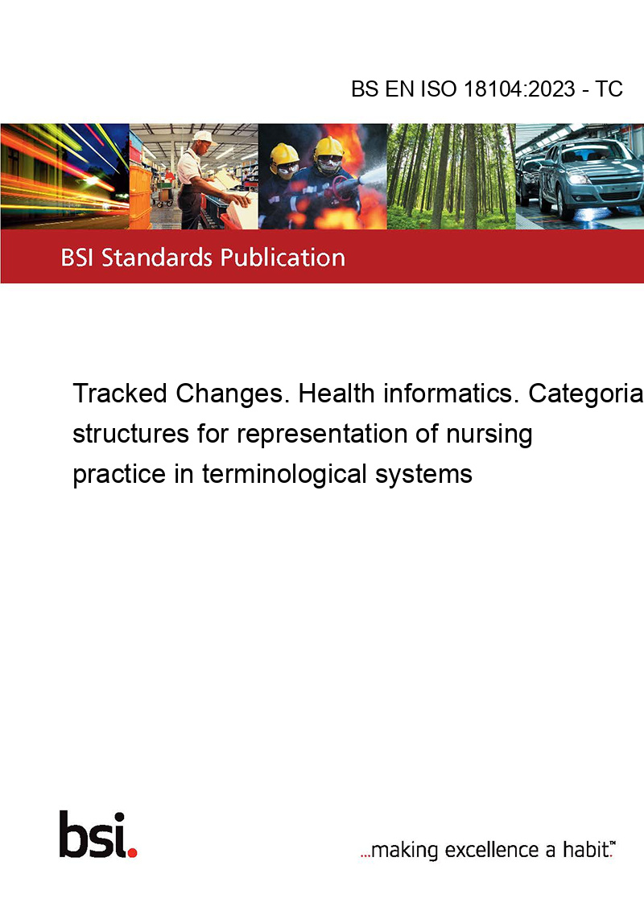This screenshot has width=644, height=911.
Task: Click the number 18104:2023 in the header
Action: (519, 89)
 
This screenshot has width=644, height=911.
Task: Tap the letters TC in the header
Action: (609, 89)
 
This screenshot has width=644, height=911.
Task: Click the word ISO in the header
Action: (438, 89)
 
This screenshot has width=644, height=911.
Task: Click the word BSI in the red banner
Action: (78, 258)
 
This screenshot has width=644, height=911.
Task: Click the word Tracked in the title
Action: (120, 394)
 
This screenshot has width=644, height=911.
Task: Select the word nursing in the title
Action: (489, 435)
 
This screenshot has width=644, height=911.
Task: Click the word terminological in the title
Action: (285, 473)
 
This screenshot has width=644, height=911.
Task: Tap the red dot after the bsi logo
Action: (132, 852)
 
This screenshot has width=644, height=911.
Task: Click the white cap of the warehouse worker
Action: (203, 137)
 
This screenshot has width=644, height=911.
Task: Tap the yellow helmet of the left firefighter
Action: (284, 154)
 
